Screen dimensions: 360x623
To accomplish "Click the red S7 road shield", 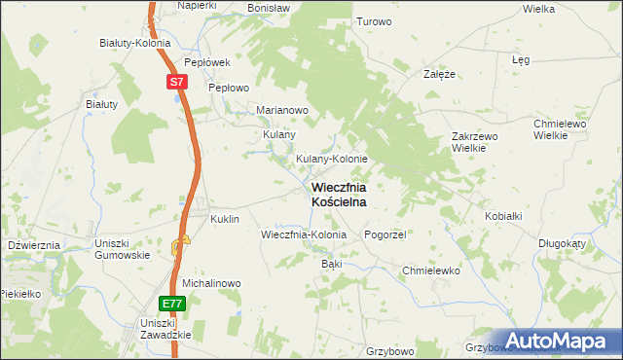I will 175,83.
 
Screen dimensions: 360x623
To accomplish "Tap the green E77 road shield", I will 171,303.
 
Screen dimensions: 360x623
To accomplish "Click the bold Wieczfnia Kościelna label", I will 339,194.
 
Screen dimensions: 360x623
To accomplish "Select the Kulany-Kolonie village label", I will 331,159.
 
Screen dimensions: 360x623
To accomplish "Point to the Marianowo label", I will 281,110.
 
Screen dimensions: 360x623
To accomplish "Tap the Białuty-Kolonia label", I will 135,43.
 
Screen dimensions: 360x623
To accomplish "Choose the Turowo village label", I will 374,21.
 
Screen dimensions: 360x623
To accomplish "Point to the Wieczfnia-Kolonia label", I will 304,235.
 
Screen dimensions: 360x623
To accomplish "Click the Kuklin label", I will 224,220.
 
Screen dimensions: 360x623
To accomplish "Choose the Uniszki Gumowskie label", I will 121,249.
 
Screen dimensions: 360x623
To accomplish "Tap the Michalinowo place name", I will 210,283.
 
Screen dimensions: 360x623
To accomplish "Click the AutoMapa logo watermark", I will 558,341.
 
